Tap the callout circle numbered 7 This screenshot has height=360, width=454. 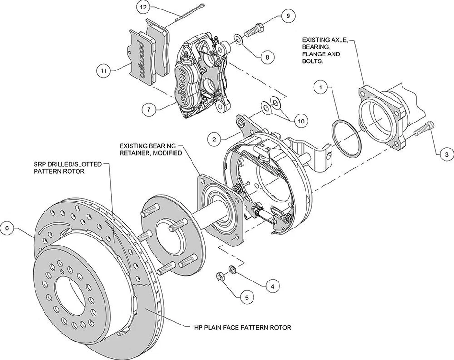click(149, 109)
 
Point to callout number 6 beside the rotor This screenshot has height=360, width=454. click(7, 228)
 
